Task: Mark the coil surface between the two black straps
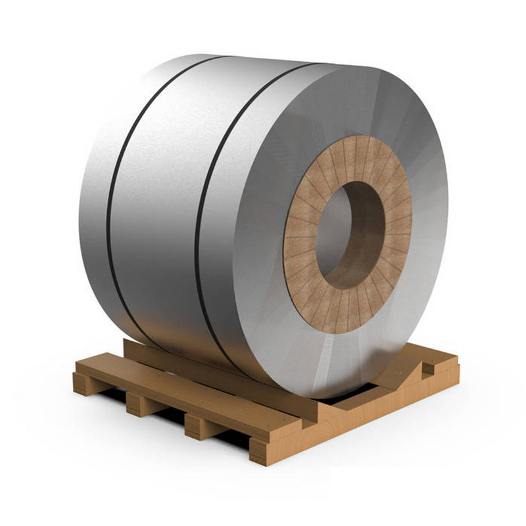[x=158, y=197]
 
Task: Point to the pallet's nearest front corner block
[x=263, y=450]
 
